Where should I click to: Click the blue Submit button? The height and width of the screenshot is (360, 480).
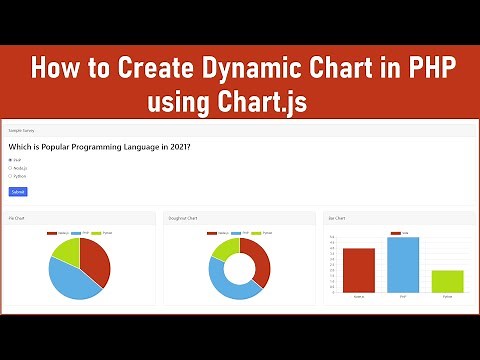pos(18,191)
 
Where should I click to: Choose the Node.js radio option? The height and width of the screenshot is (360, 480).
pos(10,168)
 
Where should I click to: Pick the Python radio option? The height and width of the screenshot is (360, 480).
pos(10,176)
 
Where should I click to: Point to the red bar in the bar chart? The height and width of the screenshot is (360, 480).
pos(358,271)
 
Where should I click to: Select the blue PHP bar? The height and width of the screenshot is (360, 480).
pos(402,265)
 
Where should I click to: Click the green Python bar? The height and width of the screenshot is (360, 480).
pos(447,281)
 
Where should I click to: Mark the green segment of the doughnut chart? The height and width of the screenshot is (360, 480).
pos(224,248)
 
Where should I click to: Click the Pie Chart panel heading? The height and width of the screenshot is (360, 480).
pos(17,217)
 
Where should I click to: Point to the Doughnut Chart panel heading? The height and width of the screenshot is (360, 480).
pos(184,217)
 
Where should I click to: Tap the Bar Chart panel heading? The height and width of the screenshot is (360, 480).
pos(338,217)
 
